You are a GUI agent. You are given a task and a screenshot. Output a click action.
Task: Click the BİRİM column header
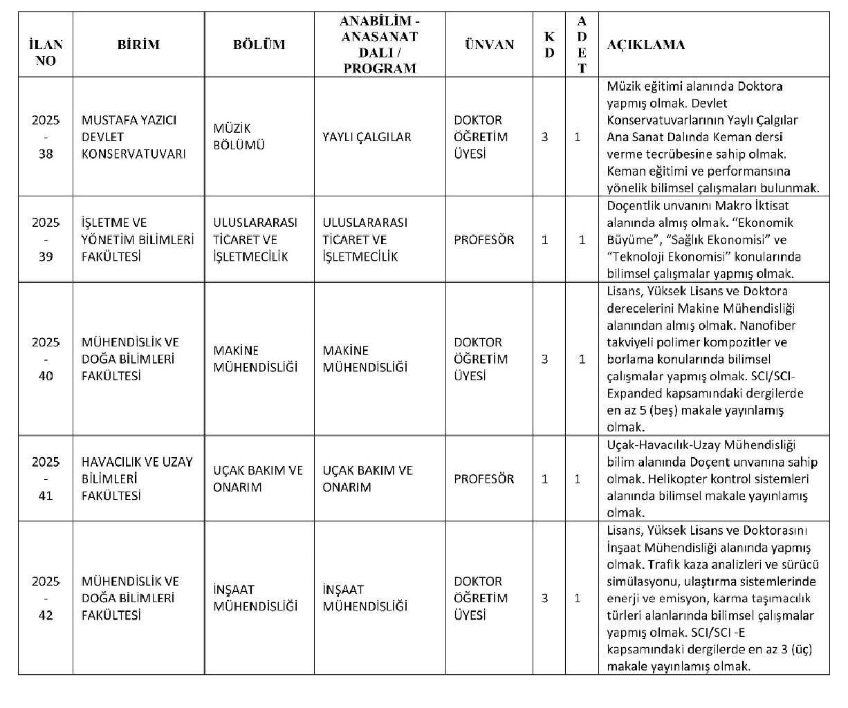pos(138,45)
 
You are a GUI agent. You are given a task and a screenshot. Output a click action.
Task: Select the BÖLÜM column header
pos(259,45)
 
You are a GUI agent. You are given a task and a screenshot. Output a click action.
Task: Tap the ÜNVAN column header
pos(489,45)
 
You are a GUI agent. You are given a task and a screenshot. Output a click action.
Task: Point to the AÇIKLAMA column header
pos(646,45)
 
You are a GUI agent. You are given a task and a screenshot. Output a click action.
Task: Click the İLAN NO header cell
pos(46,53)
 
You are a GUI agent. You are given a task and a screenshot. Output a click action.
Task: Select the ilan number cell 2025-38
pos(46,137)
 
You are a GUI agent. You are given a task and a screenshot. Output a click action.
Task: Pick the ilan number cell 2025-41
pos(46,478)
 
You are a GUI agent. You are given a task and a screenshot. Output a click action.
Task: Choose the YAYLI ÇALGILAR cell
pos(367,137)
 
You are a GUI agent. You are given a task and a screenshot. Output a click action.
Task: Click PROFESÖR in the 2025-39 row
pos(484,240)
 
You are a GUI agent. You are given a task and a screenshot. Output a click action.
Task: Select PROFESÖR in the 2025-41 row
pos(484,478)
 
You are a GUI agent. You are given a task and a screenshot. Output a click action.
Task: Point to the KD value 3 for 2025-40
pos(545,359)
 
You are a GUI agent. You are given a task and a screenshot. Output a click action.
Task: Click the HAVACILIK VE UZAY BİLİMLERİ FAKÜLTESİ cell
pos(136,478)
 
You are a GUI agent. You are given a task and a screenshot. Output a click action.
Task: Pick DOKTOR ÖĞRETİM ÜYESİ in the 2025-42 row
pos(481,598)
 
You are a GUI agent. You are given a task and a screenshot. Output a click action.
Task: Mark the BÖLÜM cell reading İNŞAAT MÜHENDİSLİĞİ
pos(255,598)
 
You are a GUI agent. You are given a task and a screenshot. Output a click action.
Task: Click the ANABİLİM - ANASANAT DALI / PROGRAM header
pos(380,45)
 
